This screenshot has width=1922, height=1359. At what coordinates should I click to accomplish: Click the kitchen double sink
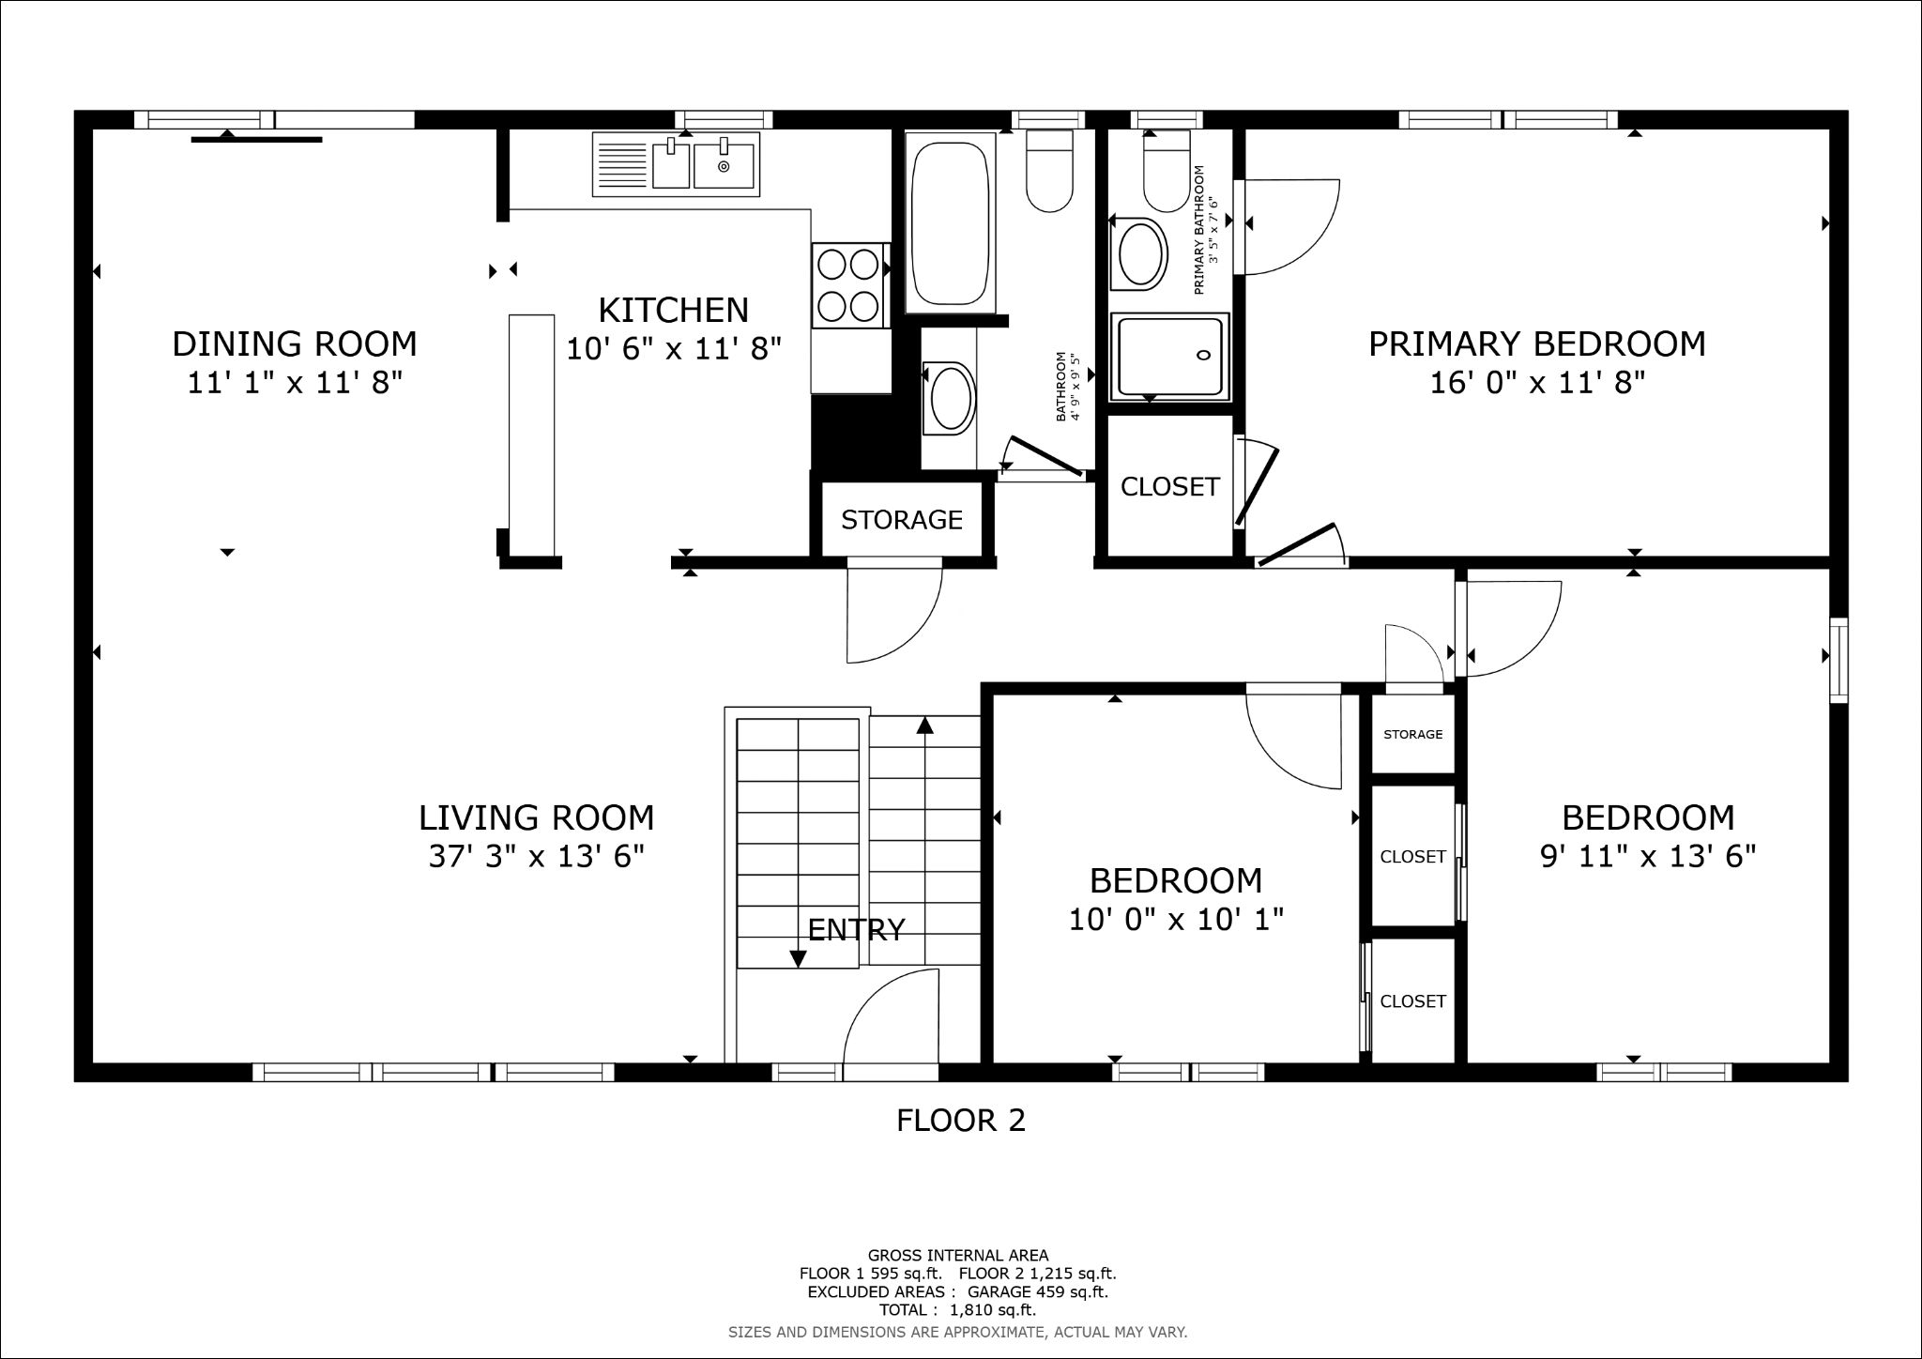(676, 165)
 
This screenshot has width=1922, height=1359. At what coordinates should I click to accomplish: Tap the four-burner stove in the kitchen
(850, 285)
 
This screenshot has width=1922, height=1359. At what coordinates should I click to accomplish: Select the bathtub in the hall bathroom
(950, 223)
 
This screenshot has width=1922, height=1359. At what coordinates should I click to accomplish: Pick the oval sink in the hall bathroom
(950, 398)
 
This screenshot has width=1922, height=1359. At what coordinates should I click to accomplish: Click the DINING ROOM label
(295, 344)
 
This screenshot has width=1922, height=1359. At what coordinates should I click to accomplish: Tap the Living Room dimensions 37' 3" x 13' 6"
(537, 857)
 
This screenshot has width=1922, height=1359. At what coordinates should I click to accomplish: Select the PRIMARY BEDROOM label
(1537, 344)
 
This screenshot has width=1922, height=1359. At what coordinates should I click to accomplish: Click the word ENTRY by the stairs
(856, 929)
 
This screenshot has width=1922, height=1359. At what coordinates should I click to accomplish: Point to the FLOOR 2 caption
(961, 1120)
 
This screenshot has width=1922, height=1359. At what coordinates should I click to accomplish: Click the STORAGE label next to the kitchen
(902, 520)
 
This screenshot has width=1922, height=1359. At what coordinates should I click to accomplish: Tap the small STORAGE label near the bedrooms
(1413, 734)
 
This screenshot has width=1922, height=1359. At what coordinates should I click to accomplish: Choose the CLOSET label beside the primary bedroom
(1170, 486)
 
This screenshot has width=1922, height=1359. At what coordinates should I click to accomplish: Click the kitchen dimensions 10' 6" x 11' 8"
(674, 349)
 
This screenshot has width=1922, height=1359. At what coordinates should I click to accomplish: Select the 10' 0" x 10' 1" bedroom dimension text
(1177, 919)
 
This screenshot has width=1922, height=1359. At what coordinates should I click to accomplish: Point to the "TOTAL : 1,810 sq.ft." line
(957, 1309)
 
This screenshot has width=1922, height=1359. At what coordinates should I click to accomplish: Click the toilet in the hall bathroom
(1049, 170)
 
